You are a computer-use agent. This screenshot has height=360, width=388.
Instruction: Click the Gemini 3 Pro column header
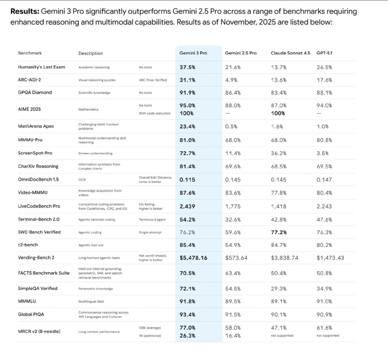pyautogui.click(x=193, y=53)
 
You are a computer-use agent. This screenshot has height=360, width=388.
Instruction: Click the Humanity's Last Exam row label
pyautogui.click(x=42, y=67)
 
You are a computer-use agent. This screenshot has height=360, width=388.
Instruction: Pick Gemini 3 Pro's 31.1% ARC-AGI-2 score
pyautogui.click(x=188, y=80)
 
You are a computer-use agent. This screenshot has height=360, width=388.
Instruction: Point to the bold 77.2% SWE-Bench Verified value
pyautogui.click(x=279, y=232)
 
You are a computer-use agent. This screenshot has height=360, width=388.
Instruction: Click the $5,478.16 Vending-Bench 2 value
pyautogui.click(x=194, y=258)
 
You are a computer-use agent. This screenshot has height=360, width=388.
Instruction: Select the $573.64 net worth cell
pyautogui.click(x=236, y=258)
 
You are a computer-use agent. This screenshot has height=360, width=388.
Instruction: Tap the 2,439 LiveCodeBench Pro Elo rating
pyautogui.click(x=188, y=206)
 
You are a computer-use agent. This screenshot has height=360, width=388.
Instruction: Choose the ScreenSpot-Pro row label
pyautogui.click(x=35, y=153)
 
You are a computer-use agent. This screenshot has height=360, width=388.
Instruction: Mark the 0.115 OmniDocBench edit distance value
pyautogui.click(x=188, y=180)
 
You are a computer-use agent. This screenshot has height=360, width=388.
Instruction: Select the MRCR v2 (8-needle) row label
pyautogui.click(x=39, y=331)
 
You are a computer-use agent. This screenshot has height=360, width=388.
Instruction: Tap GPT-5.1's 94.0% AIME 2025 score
pyautogui.click(x=324, y=105)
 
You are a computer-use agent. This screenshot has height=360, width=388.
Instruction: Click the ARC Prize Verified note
pyautogui.click(x=153, y=80)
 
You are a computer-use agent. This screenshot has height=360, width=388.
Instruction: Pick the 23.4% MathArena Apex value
pyautogui.click(x=188, y=126)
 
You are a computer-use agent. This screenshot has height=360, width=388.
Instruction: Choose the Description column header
pyautogui.click(x=91, y=53)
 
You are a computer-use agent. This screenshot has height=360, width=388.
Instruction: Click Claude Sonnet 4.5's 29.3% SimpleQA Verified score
pyautogui.click(x=279, y=288)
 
